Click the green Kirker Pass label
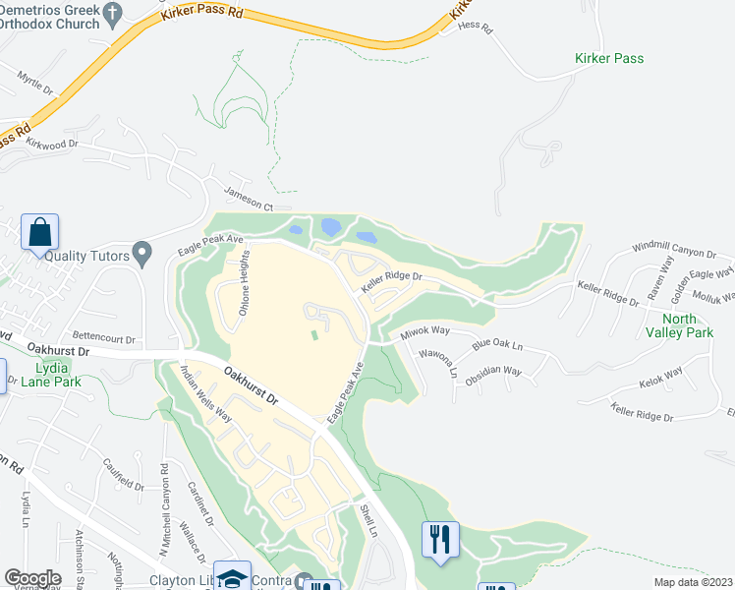[609, 58]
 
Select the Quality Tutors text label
[86, 256]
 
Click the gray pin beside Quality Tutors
[141, 255]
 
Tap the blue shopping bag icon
[39, 233]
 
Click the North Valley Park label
[687, 325]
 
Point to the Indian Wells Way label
[206, 393]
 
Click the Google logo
[32, 577]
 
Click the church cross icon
[113, 14]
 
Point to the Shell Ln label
[368, 519]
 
